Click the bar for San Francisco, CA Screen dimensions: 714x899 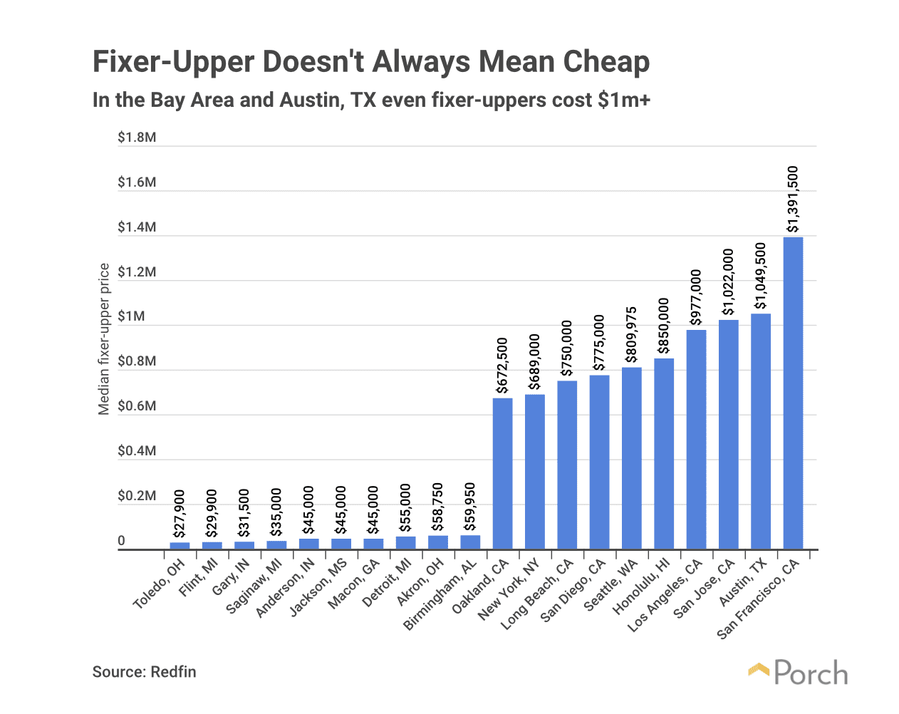point(792,393)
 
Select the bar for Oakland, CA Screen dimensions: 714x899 point(502,474)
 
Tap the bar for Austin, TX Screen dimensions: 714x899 point(760,431)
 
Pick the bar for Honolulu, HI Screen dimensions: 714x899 point(663,454)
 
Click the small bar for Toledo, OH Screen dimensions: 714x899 point(180,546)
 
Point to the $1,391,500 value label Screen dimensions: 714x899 point(792,199)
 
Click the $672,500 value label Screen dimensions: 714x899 point(502,365)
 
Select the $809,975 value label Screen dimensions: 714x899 point(631,334)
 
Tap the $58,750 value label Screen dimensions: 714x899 point(438,507)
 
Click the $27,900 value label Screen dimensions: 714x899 point(180,513)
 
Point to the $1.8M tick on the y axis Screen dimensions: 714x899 point(137,138)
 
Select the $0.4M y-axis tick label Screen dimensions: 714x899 point(137,451)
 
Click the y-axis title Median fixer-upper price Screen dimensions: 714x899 point(104,339)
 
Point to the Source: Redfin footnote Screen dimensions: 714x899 point(144,672)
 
